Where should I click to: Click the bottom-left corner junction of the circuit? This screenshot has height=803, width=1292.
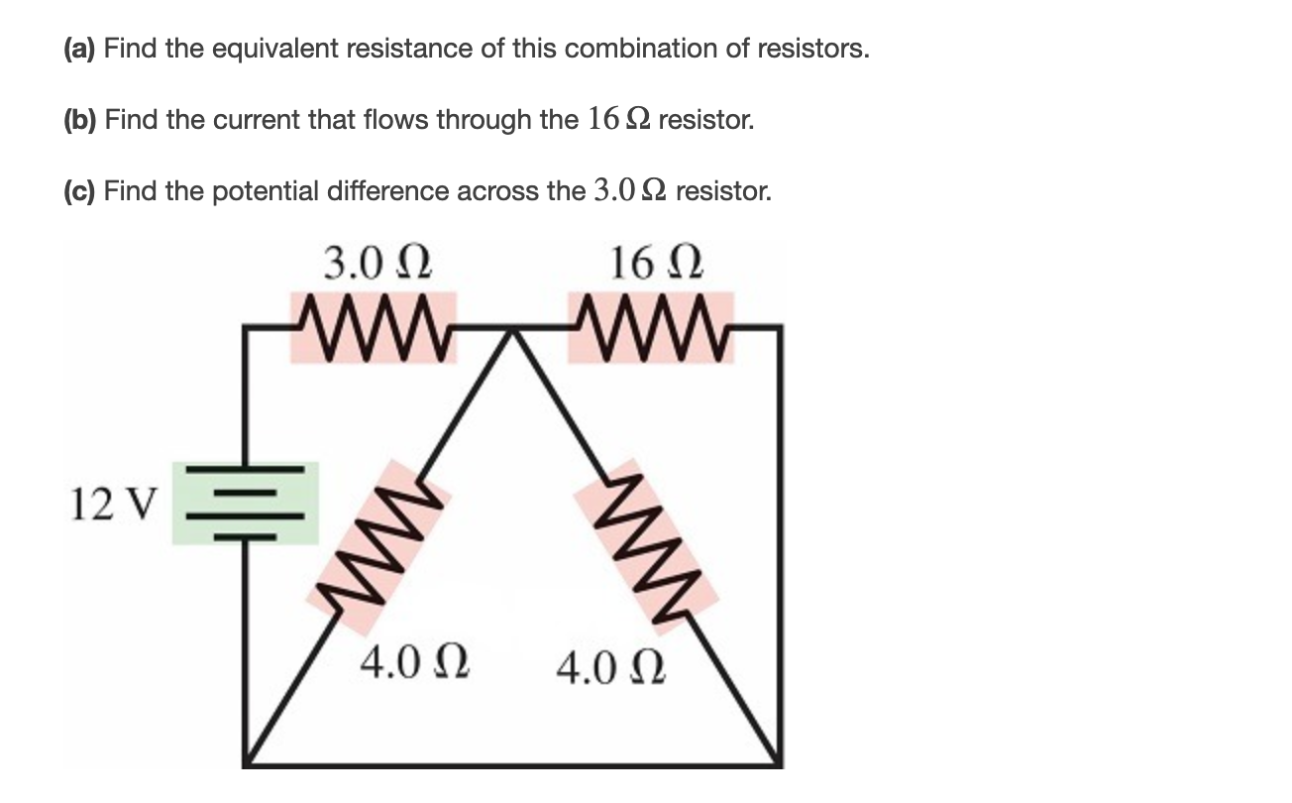pyautogui.click(x=247, y=763)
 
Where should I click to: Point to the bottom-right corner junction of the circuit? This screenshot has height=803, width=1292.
pyautogui.click(x=779, y=763)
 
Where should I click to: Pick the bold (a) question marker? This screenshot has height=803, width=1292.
pyautogui.click(x=81, y=49)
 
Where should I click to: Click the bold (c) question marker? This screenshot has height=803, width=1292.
pyautogui.click(x=81, y=190)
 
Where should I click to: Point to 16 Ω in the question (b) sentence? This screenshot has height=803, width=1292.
pyautogui.click(x=619, y=120)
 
